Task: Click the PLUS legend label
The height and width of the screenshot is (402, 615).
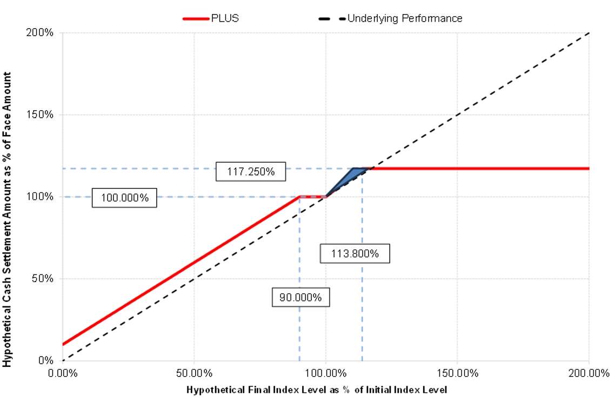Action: (225, 18)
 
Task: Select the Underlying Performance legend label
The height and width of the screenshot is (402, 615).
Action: (405, 18)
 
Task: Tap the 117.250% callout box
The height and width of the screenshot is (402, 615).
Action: (251, 171)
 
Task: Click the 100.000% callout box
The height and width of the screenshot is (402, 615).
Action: (124, 198)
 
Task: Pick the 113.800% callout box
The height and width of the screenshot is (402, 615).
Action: (355, 253)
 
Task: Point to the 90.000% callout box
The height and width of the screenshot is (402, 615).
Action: (301, 297)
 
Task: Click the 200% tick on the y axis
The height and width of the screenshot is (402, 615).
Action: (40, 32)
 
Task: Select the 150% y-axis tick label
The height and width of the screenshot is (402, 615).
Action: (40, 115)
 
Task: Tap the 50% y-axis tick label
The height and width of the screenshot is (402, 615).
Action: (43, 278)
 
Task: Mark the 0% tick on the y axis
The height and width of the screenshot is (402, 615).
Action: (45, 360)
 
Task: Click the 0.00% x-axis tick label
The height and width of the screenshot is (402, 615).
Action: (63, 373)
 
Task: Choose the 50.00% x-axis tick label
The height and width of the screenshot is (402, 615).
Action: (194, 373)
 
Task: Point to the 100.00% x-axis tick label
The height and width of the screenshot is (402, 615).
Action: (325, 373)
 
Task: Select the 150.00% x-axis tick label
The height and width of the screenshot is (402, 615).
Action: (457, 373)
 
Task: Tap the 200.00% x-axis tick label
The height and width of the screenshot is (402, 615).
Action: (589, 373)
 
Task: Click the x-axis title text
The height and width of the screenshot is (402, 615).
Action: (317, 390)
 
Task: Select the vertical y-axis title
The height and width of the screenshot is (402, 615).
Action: (7, 219)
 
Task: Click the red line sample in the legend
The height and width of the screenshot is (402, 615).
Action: (196, 18)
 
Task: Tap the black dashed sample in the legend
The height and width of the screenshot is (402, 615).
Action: (332, 18)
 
